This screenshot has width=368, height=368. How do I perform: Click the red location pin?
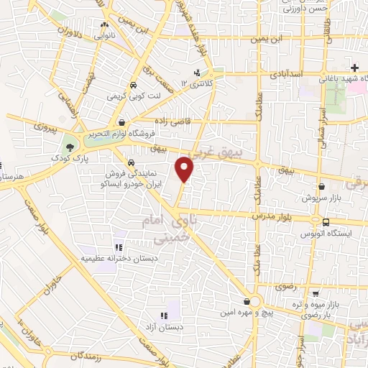pyautogui.click(x=185, y=169)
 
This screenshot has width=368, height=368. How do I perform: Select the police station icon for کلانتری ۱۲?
pyautogui.click(x=196, y=73)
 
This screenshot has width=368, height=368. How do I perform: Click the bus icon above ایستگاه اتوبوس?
pyautogui.click(x=316, y=221)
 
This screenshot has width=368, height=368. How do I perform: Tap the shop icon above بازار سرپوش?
pyautogui.click(x=321, y=187)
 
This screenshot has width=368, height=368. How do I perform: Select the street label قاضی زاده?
pyautogui.click(x=170, y=121)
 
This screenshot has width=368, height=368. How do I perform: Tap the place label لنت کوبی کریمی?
pyautogui.click(x=126, y=95)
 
